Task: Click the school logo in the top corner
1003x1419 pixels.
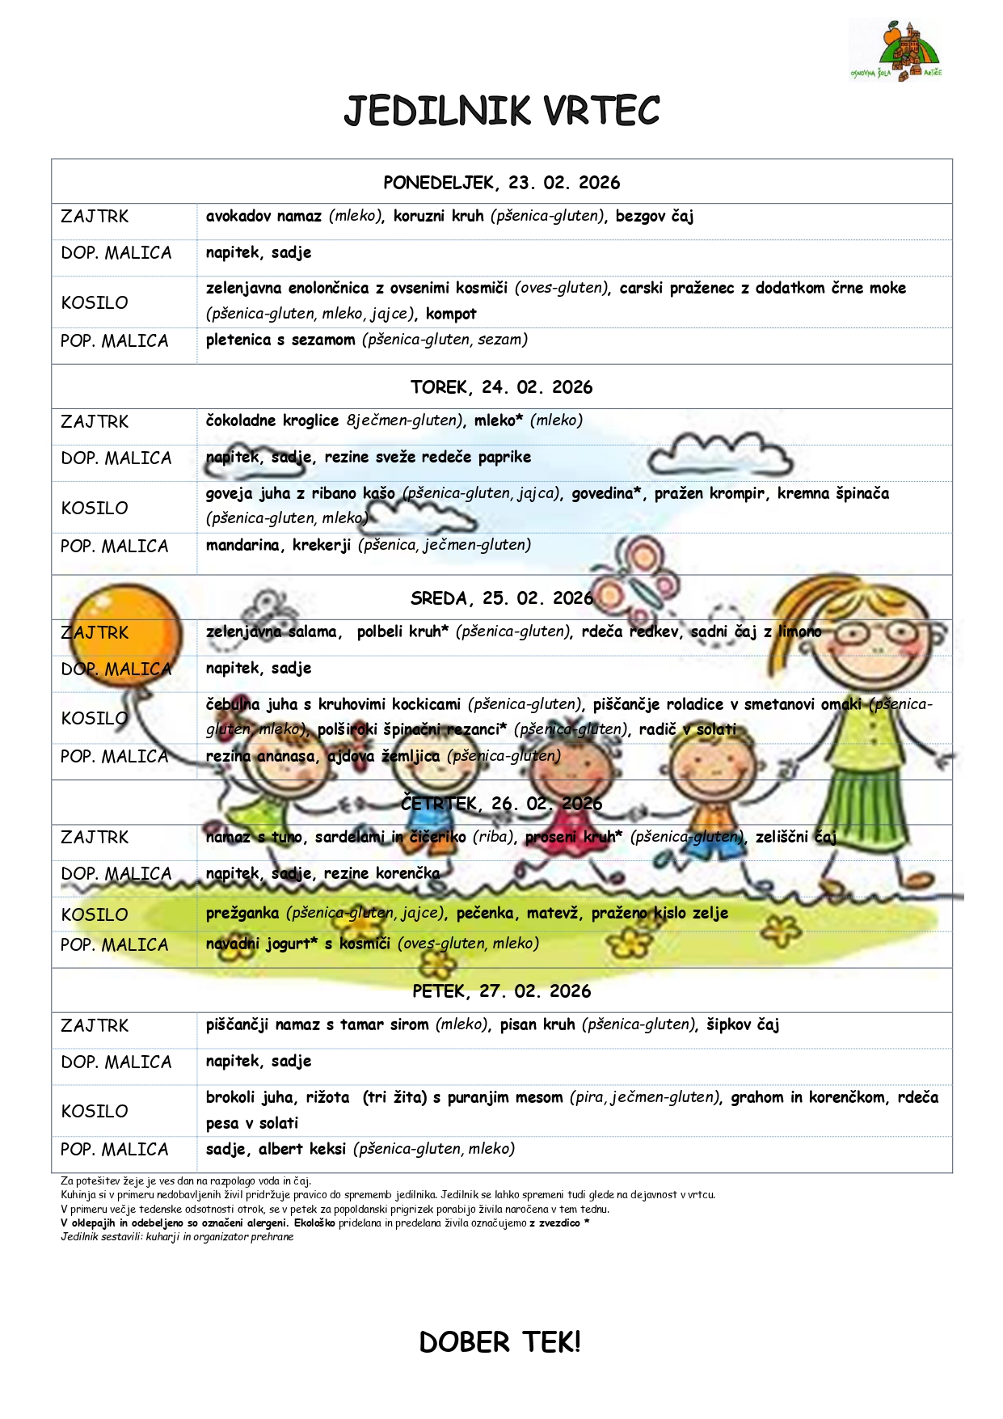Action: (x=896, y=50)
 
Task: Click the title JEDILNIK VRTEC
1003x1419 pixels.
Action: (x=501, y=112)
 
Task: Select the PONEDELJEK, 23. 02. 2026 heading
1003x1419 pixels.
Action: (x=501, y=183)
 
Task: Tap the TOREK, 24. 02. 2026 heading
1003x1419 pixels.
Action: (x=501, y=387)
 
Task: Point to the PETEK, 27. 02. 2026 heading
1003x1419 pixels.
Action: (x=501, y=991)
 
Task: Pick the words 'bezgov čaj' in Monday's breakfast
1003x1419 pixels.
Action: (x=654, y=217)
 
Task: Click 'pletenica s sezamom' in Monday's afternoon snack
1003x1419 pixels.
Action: (x=280, y=340)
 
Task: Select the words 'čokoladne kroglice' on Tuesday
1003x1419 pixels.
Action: (x=272, y=420)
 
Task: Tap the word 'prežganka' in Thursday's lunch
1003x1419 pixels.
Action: (x=242, y=913)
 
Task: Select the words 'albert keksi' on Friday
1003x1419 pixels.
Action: (x=302, y=1149)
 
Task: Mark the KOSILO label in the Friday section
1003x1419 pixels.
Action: (x=95, y=1112)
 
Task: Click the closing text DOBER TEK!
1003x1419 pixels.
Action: (x=499, y=1342)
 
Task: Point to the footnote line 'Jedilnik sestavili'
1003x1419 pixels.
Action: (x=177, y=1236)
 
